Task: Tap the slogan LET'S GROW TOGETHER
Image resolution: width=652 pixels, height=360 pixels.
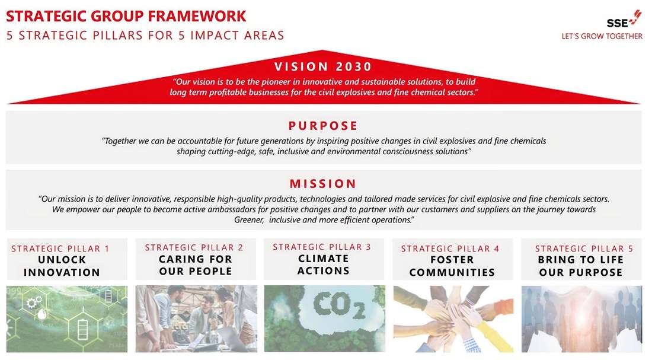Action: [x=602, y=36]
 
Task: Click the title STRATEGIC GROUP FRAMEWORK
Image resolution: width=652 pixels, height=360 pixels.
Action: [x=126, y=16]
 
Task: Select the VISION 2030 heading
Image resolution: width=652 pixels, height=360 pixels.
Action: [x=323, y=66]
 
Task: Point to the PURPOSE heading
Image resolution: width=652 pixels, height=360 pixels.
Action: [x=323, y=126]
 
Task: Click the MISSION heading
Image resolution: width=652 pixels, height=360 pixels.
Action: [x=323, y=183]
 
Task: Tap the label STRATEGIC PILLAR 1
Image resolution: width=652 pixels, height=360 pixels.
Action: [x=60, y=249]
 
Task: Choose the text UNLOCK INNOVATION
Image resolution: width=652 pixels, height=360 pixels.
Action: [x=62, y=266]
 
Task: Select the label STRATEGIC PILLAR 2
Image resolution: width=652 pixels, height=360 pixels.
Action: [x=194, y=247]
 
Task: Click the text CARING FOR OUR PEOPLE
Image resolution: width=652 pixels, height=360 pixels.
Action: [x=196, y=265]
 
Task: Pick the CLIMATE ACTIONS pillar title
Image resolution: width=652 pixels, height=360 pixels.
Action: [x=324, y=265]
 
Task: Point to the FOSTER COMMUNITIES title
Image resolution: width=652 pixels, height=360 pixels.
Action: [x=452, y=266]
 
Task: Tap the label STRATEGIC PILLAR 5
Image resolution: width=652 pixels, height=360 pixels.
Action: [x=584, y=249]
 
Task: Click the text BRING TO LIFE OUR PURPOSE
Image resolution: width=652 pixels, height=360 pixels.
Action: [x=581, y=266]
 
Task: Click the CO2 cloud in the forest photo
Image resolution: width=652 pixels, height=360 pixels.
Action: [x=339, y=305]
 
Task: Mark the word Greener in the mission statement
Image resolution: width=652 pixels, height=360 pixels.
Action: [x=249, y=220]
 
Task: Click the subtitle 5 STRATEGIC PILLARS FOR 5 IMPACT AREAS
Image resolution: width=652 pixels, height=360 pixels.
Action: [x=146, y=36]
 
